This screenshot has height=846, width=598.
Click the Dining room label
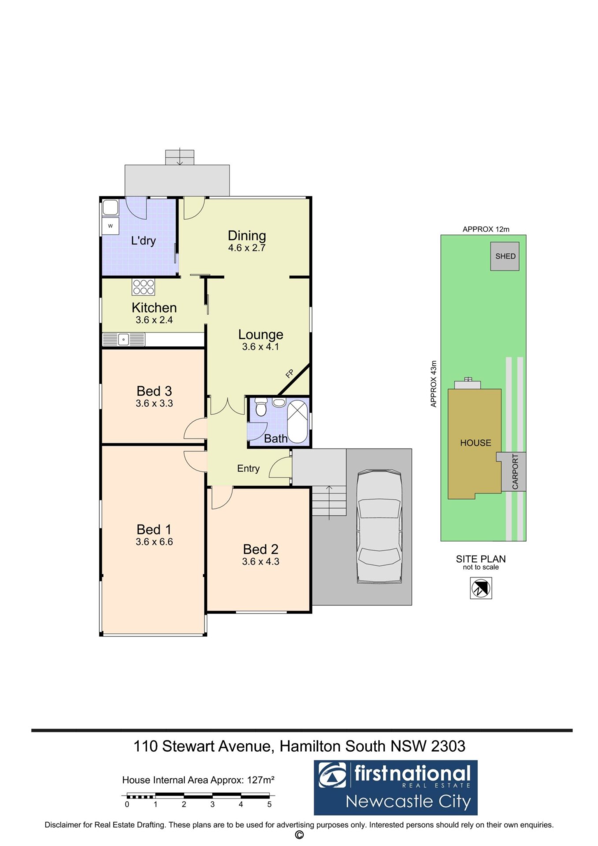[x=247, y=236]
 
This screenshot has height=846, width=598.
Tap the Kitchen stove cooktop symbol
[x=143, y=287]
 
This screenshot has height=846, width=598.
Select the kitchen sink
[x=124, y=339]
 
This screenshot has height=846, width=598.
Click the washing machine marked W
[x=110, y=226]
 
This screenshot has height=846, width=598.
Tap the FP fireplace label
[x=290, y=374]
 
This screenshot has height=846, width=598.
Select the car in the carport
[x=379, y=527]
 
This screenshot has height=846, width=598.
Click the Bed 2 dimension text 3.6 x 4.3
[x=260, y=561]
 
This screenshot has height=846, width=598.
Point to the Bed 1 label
[x=154, y=529]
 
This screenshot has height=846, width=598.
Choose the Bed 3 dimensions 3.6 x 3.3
[x=154, y=403]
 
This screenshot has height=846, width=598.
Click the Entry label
[x=248, y=468]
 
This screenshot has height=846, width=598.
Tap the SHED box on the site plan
[x=505, y=256]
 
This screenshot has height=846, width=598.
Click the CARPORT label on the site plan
[x=515, y=472]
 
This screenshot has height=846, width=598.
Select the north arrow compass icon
[x=481, y=588]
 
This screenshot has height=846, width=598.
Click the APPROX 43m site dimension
[x=434, y=384]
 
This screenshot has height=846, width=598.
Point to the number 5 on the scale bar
[x=269, y=804]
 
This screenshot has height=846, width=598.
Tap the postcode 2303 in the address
[x=448, y=746]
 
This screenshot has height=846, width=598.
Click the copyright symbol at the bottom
[x=299, y=835]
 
